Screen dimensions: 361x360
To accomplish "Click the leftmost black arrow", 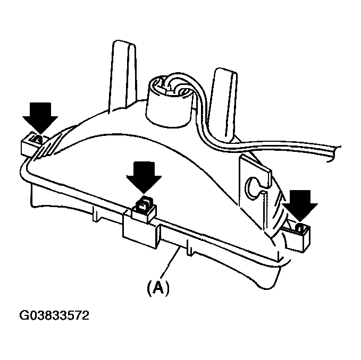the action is coord(40,117).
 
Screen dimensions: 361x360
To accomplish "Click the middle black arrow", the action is coord(144,176).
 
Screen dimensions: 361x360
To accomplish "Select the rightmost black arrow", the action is coord(300,204).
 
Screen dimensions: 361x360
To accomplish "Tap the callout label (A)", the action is coord(158,287).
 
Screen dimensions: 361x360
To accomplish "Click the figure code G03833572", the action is coord(54,315).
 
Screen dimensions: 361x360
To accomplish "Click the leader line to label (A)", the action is coord(170,262).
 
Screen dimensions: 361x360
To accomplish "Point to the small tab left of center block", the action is coord(97,214).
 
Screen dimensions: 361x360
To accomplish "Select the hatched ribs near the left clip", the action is coord(49,146).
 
